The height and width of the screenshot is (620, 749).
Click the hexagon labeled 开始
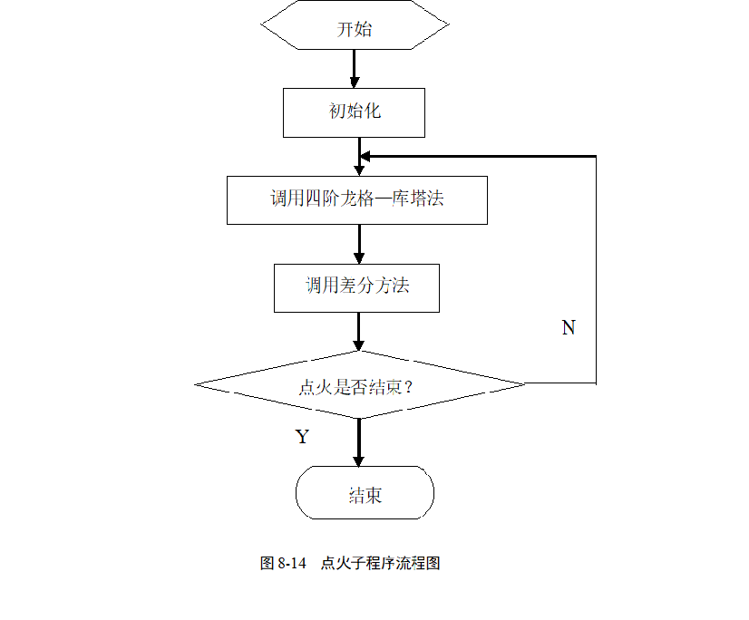355,24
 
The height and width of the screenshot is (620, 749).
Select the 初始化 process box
354,112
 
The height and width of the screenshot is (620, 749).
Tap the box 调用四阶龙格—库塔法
357,200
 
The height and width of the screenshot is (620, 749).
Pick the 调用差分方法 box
357,288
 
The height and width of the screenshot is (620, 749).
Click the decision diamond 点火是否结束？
360,384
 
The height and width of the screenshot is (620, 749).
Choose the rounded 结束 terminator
365,492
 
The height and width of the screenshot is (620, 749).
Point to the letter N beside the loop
569,327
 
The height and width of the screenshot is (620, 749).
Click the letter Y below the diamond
302,437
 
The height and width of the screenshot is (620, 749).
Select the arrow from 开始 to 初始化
355,69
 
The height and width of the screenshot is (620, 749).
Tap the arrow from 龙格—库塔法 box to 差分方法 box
359,244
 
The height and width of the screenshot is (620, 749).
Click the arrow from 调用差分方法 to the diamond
359,332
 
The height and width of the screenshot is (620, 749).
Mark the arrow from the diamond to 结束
359,442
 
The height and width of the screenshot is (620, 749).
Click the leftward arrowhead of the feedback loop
365,156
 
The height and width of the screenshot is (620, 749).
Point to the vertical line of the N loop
596,270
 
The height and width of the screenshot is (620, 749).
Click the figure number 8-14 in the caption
291,563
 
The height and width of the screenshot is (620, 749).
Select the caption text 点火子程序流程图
380,563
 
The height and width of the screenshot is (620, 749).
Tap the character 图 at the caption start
267,563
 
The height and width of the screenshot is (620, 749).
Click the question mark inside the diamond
408,386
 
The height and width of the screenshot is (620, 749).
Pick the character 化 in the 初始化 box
373,111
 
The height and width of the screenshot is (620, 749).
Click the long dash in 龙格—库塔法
383,199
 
